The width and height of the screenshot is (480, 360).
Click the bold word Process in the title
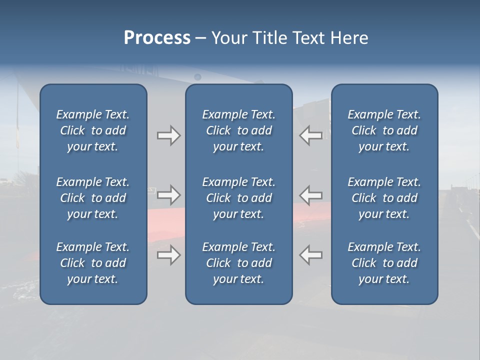pyautogui.click(x=157, y=38)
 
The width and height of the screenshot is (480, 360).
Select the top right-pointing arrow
pyautogui.click(x=169, y=135)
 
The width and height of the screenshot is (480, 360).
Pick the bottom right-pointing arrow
pyautogui.click(x=169, y=255)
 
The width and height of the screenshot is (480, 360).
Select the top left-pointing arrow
pyautogui.click(x=311, y=135)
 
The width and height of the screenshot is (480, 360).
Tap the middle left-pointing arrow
pyautogui.click(x=311, y=195)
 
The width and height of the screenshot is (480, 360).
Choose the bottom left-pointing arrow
pyautogui.click(x=311, y=255)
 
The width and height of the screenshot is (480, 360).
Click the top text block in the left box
pyautogui.click(x=93, y=130)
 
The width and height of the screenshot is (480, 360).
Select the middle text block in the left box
pyautogui.click(x=93, y=198)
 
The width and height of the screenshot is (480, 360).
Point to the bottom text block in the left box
pyautogui.click(x=93, y=263)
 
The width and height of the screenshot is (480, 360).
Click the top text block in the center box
pyautogui.click(x=238, y=130)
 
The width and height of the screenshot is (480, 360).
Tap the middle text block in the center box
pyautogui.click(x=238, y=198)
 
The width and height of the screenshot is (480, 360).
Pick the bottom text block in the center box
pyautogui.click(x=238, y=263)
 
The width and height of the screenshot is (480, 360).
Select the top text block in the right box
pyautogui.click(x=384, y=130)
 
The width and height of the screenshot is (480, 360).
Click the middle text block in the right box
pyautogui.click(x=384, y=198)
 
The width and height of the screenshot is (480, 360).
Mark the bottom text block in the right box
pyautogui.click(x=384, y=263)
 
